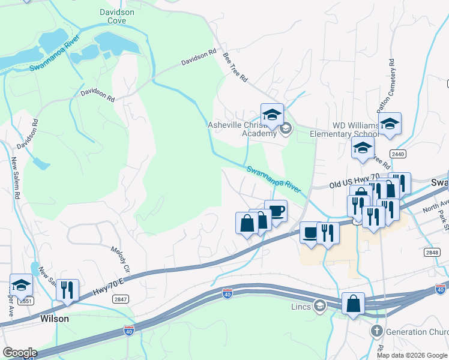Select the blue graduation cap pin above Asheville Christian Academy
pos(272,115)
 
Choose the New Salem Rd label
pos(16,178)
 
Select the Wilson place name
pos(54,319)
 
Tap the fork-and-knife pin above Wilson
pos(67,290)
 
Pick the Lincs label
pos(303,307)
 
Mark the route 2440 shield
pos(397,154)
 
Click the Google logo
pos(19,353)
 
